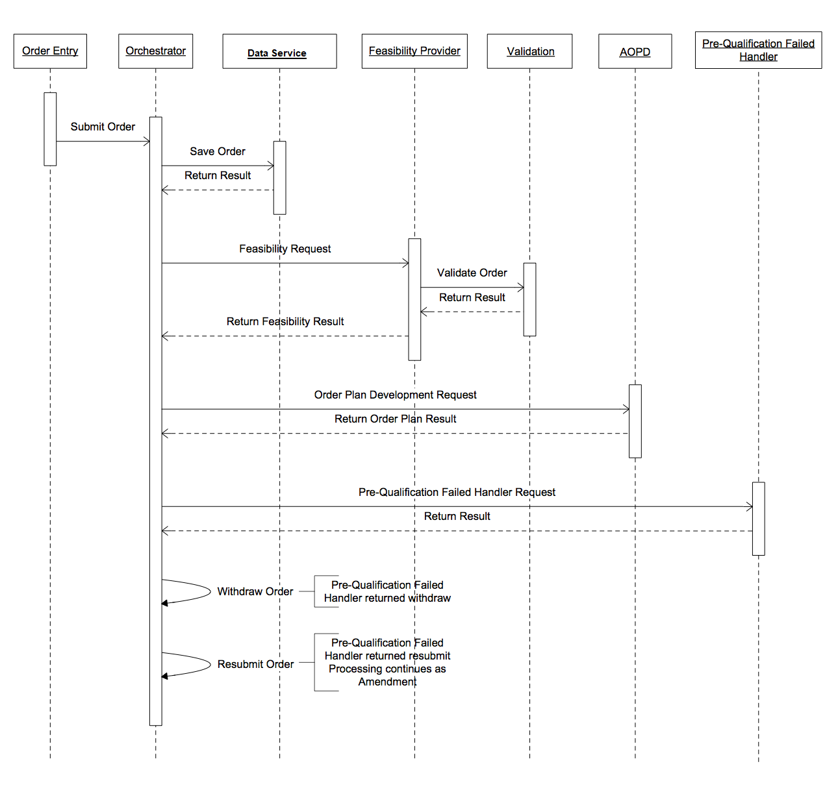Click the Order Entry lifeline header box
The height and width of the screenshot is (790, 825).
50,51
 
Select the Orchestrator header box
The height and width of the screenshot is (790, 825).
156,51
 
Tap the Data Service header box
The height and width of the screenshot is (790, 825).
279,51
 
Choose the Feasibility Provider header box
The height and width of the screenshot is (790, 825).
414,51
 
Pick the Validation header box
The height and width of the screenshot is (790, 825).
529,51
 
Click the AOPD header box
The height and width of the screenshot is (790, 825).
635,51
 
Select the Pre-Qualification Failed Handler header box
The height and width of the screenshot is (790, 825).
759,50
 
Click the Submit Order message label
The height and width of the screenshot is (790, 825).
103,127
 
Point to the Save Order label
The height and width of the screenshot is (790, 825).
218,151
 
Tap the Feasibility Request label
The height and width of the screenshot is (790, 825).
285,249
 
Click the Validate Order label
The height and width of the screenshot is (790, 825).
472,273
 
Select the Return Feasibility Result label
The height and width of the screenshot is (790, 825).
285,321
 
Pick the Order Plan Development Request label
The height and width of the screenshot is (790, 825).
395,395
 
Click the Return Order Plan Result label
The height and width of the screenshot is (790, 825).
395,419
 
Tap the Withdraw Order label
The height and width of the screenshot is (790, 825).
255,591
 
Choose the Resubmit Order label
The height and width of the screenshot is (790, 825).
256,664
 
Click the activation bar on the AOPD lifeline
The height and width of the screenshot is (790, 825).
635,421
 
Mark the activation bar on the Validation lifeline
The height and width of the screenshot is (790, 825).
529,299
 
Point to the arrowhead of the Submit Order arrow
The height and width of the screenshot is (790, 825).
149,141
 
